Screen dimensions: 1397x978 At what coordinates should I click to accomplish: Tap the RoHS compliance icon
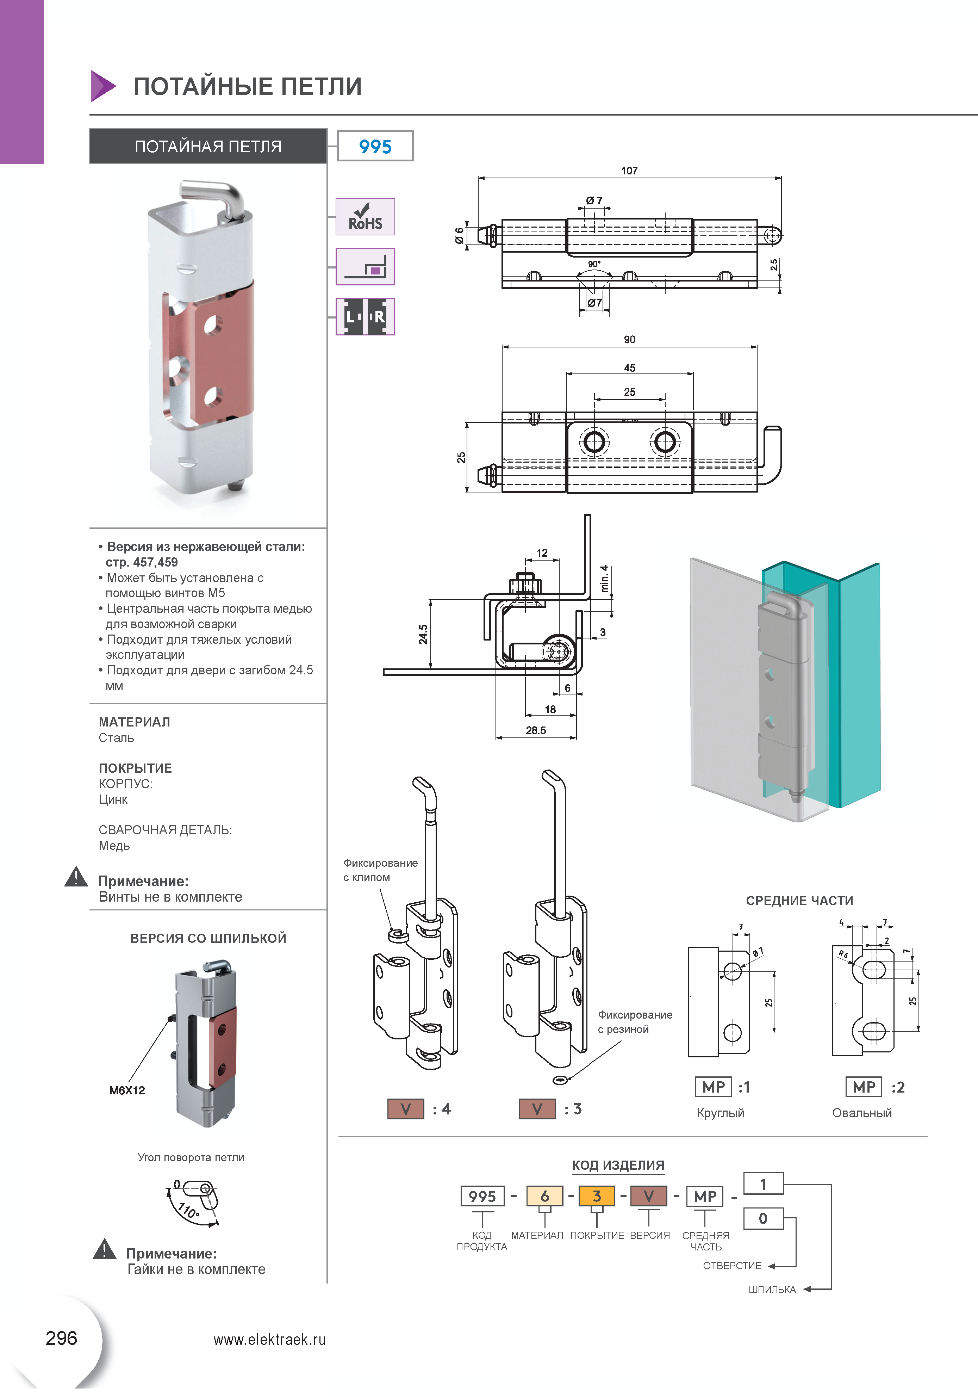pos(365,217)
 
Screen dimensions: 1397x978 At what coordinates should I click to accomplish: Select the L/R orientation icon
pos(365,316)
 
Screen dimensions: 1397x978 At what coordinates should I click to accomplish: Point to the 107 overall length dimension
pos(629,171)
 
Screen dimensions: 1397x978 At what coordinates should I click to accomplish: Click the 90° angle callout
pos(594,264)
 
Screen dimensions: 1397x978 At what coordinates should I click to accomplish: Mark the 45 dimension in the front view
pos(629,368)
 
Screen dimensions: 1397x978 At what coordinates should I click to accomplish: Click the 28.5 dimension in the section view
pos(536,730)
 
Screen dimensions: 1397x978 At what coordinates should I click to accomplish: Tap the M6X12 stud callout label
pos(127,1090)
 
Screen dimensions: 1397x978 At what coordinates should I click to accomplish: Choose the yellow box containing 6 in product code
pos(544,1196)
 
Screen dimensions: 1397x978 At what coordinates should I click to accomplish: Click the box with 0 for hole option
pos(763,1219)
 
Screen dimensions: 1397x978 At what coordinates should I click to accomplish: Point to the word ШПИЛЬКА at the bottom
pos(772,1289)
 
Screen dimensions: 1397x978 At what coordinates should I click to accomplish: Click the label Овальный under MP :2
pos(862,1113)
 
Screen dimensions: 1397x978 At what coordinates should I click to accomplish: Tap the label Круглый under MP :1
pos(720,1113)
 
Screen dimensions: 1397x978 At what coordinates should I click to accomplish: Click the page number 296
pos(61,1338)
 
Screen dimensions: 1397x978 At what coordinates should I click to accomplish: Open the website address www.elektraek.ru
pos(269,1340)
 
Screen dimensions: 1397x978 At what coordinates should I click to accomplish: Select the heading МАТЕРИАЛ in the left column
pos(135,722)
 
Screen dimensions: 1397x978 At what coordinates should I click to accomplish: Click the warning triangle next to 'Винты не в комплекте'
pos(76,877)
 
